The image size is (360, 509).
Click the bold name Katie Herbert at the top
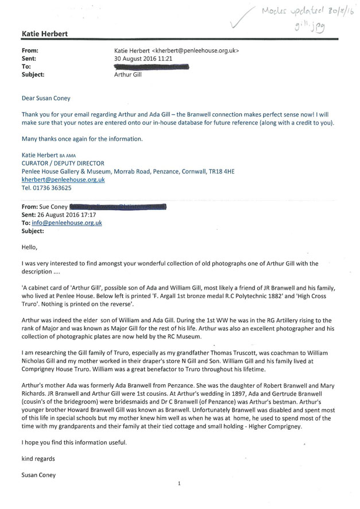[44, 34]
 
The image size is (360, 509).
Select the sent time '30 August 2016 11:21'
[146, 59]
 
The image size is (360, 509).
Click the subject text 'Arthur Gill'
[129, 75]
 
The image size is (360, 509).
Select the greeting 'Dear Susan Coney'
[46, 98]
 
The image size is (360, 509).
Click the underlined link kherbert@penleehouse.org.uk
[63, 179]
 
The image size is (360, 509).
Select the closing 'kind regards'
[38, 459]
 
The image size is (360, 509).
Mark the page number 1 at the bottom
[179, 484]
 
